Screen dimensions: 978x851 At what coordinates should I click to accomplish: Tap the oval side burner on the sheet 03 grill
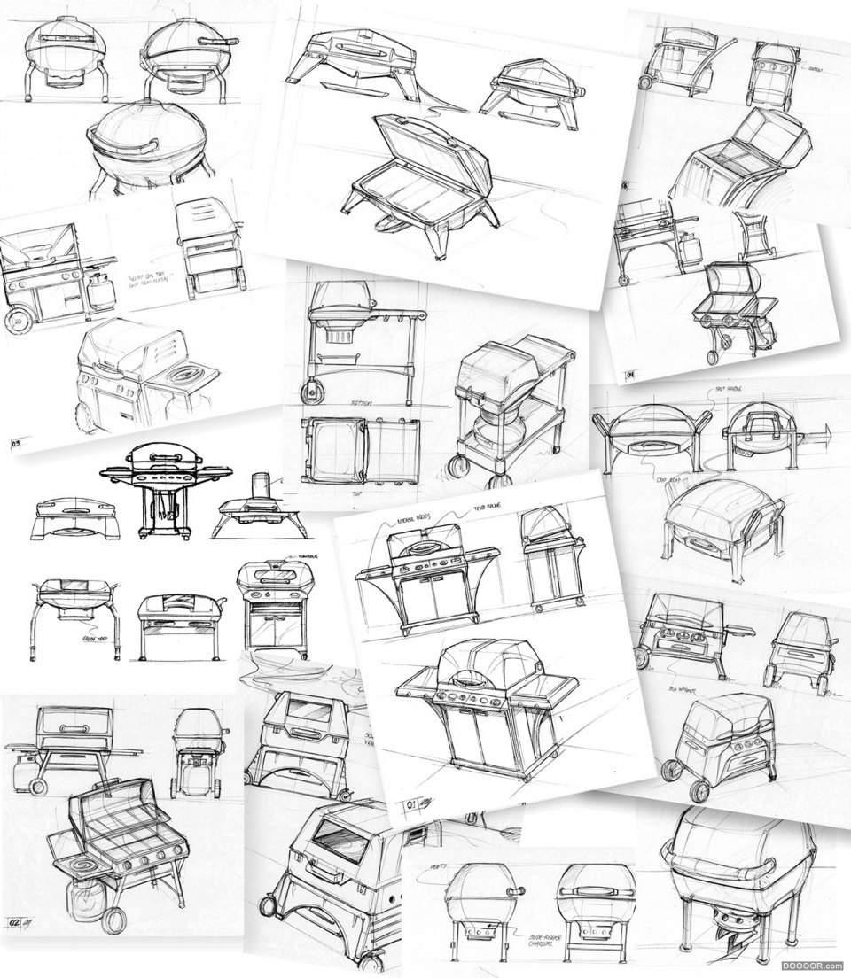(184, 376)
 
